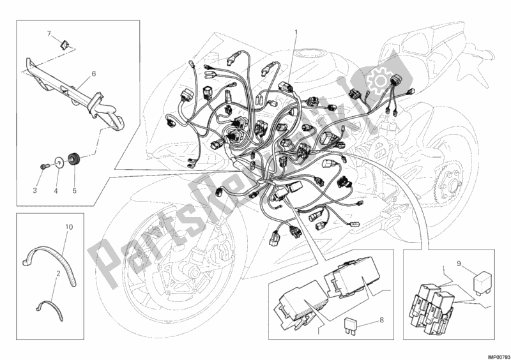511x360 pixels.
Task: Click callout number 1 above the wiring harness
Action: click(x=296, y=31)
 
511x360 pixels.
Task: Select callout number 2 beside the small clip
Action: click(x=57, y=273)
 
